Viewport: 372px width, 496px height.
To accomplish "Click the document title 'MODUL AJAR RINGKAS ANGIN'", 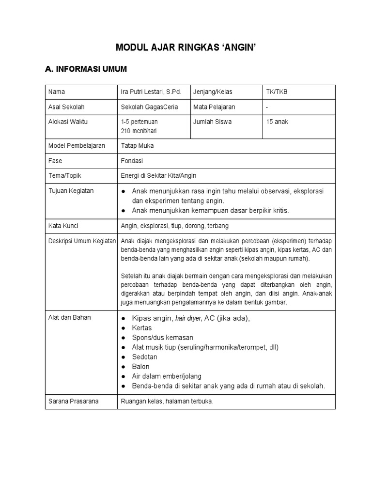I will coord(186,47).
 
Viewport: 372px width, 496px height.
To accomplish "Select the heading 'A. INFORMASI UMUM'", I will coord(86,69).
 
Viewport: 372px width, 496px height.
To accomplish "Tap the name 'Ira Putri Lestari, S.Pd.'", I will coord(151,92).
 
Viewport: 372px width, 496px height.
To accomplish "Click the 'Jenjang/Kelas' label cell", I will coord(212,92).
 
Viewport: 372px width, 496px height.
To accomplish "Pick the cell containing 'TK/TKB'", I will coord(277,92).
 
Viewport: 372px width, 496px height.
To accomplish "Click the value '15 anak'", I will coord(277,122).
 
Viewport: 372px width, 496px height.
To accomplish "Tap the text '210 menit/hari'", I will coord(139,131).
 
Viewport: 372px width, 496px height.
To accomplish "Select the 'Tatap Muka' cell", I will coord(137,146).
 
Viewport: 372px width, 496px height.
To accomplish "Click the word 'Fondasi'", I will coord(132,161).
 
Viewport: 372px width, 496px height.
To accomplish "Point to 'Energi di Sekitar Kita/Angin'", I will coord(158,175).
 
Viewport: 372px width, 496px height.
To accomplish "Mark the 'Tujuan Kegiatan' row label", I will coord(71,191).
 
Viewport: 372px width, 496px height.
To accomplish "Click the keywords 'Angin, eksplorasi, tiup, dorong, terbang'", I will coord(174,226).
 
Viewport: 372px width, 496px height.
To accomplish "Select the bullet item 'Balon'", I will coord(140,367).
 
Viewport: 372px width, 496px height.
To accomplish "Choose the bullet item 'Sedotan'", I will coord(144,357).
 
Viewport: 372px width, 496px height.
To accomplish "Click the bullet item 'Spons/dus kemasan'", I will coord(162,338).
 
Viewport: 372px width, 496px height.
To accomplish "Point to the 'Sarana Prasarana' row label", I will coord(73,402).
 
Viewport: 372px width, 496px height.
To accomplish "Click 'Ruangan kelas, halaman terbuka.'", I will coord(167,402).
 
